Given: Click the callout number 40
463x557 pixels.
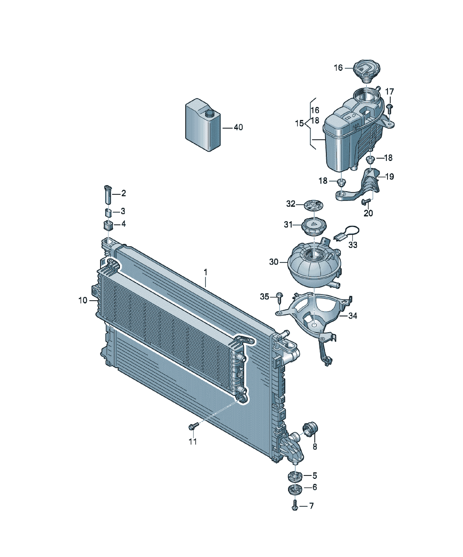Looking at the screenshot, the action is [238, 127].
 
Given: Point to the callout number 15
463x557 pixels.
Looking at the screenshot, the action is [299, 123].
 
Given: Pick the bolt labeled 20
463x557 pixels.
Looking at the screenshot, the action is [366, 202].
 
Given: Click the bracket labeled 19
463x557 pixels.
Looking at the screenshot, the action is [358, 185].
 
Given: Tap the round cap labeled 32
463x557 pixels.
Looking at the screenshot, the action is [313, 205].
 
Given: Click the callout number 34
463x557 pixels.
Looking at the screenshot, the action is [353, 316].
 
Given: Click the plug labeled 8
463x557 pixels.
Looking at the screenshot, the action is [310, 429].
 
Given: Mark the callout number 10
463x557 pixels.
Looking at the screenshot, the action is [83, 300].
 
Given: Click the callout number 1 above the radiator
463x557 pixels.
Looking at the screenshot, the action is [205, 272].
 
